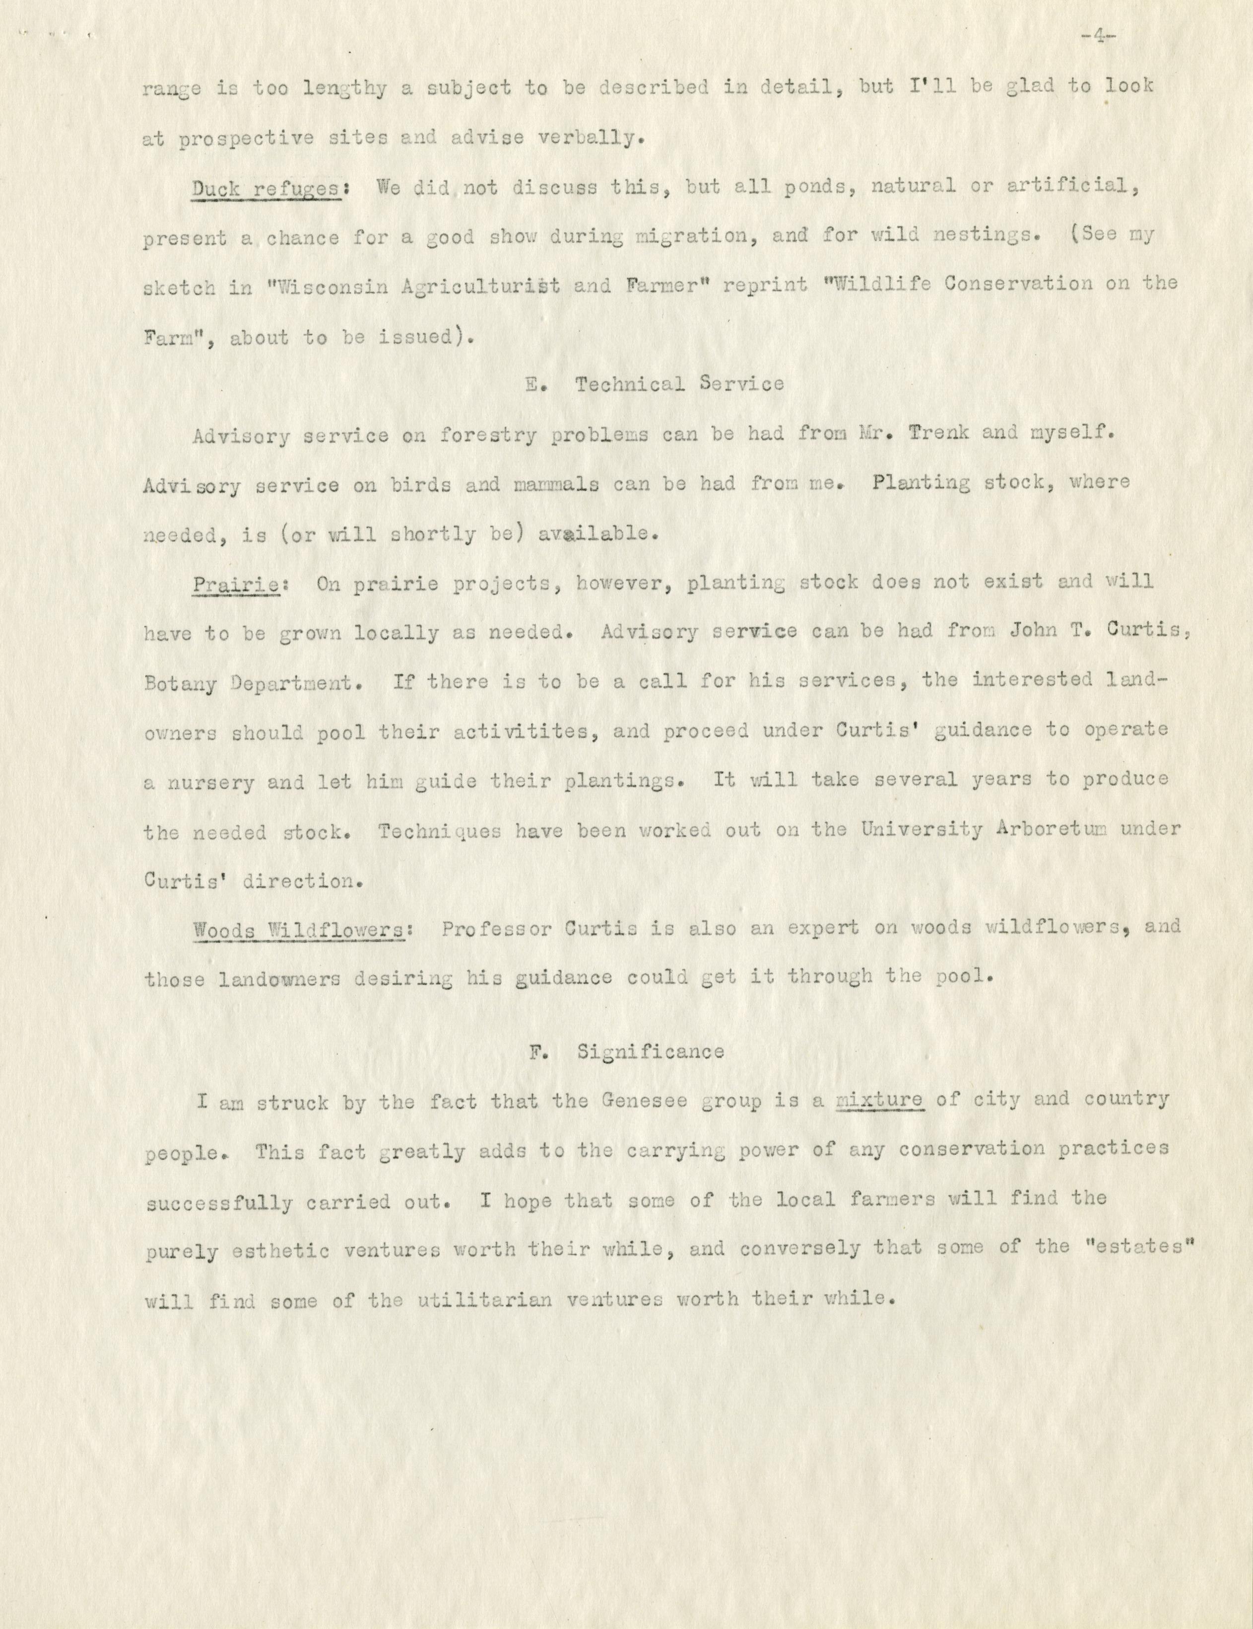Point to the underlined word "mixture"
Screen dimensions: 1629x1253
881,1100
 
